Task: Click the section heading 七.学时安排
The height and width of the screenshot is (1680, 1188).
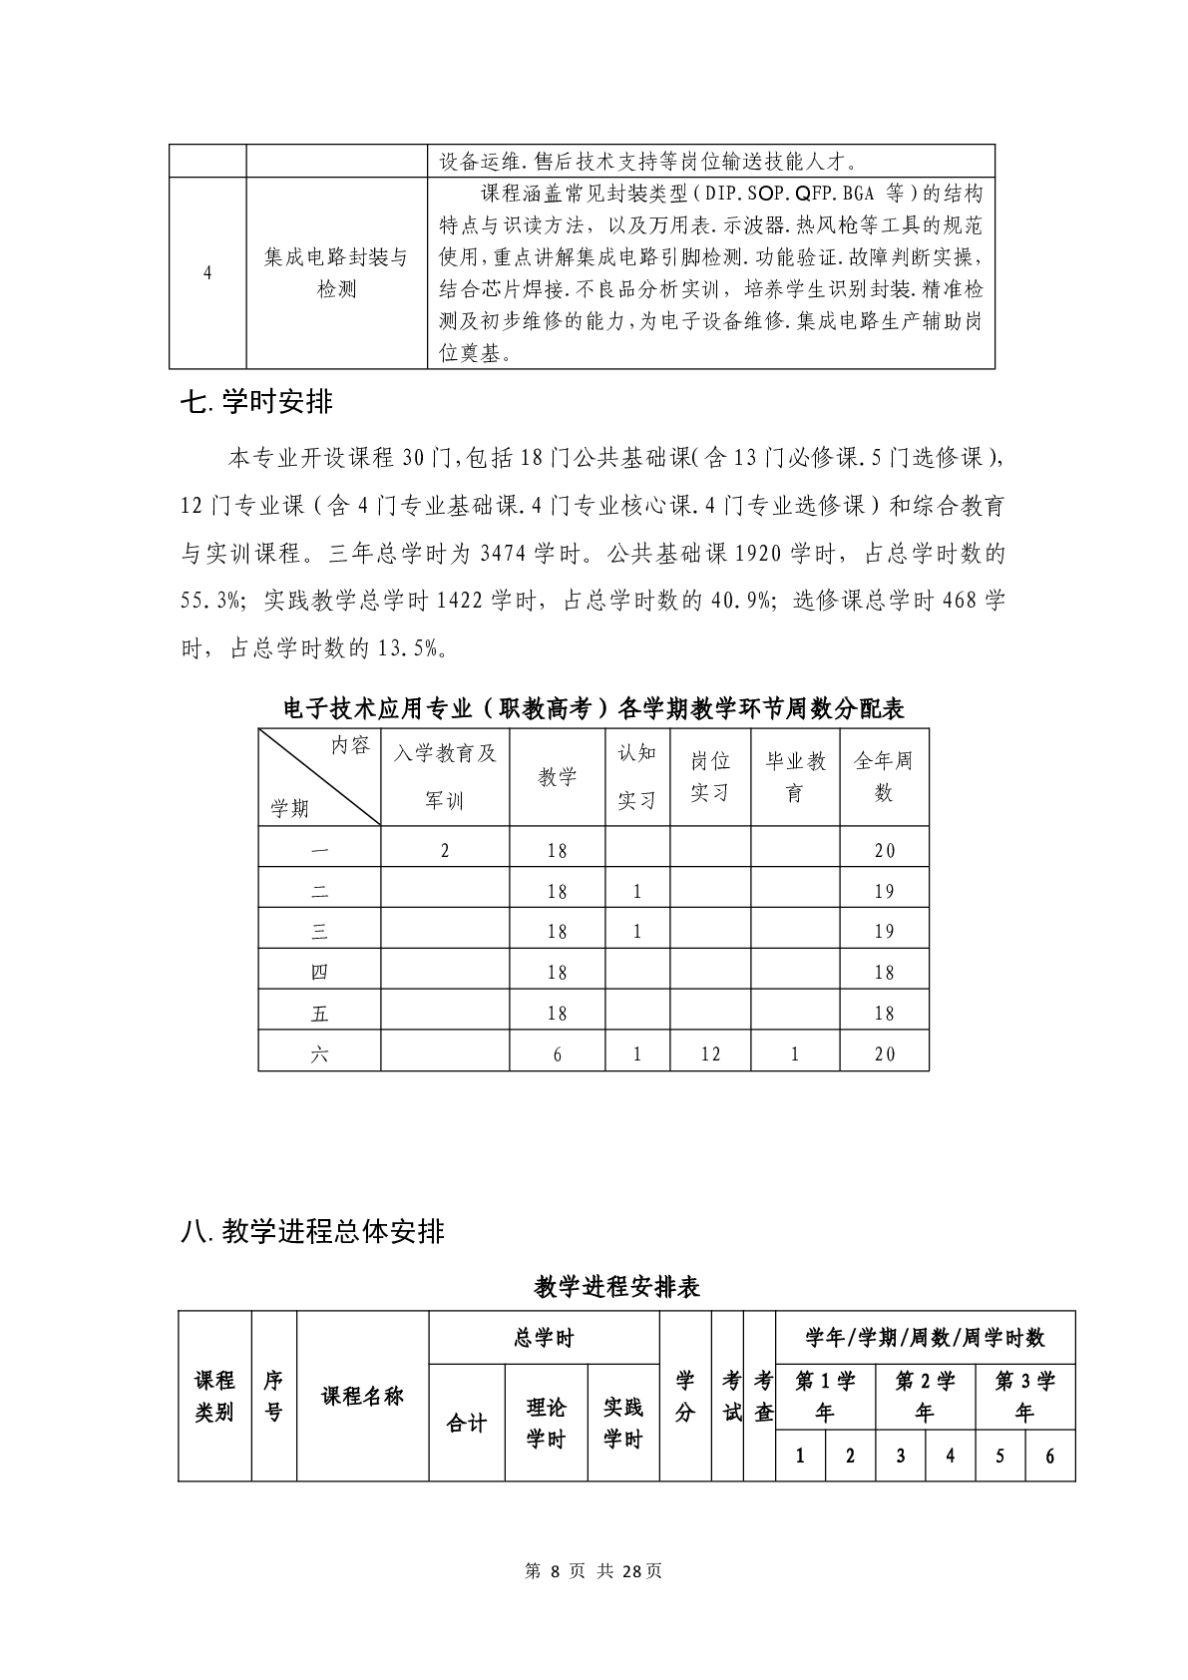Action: click(256, 402)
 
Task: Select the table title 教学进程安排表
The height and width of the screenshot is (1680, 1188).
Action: click(616, 1286)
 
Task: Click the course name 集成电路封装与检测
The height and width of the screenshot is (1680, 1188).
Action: click(336, 273)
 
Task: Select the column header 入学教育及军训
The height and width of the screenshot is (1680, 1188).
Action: click(445, 776)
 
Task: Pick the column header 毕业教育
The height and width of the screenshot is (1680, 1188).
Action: click(795, 776)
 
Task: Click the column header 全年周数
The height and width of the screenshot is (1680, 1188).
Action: click(884, 776)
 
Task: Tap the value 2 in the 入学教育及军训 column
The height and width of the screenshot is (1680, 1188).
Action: click(445, 850)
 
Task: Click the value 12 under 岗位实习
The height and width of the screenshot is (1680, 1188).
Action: click(710, 1053)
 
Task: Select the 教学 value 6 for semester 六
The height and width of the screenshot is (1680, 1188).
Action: click(558, 1053)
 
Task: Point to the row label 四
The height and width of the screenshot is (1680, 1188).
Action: click(319, 972)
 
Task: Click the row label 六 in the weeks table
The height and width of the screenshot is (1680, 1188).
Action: click(319, 1053)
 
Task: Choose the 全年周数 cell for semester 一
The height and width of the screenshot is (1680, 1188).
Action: click(884, 850)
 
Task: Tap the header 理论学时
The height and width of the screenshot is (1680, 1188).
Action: click(546, 1423)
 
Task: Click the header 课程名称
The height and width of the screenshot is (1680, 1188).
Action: click(362, 1396)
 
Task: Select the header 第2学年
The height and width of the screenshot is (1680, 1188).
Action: click(925, 1396)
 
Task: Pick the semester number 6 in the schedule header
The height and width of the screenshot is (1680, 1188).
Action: click(1049, 1456)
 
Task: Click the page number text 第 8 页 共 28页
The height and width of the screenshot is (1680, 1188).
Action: click(594, 1570)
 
